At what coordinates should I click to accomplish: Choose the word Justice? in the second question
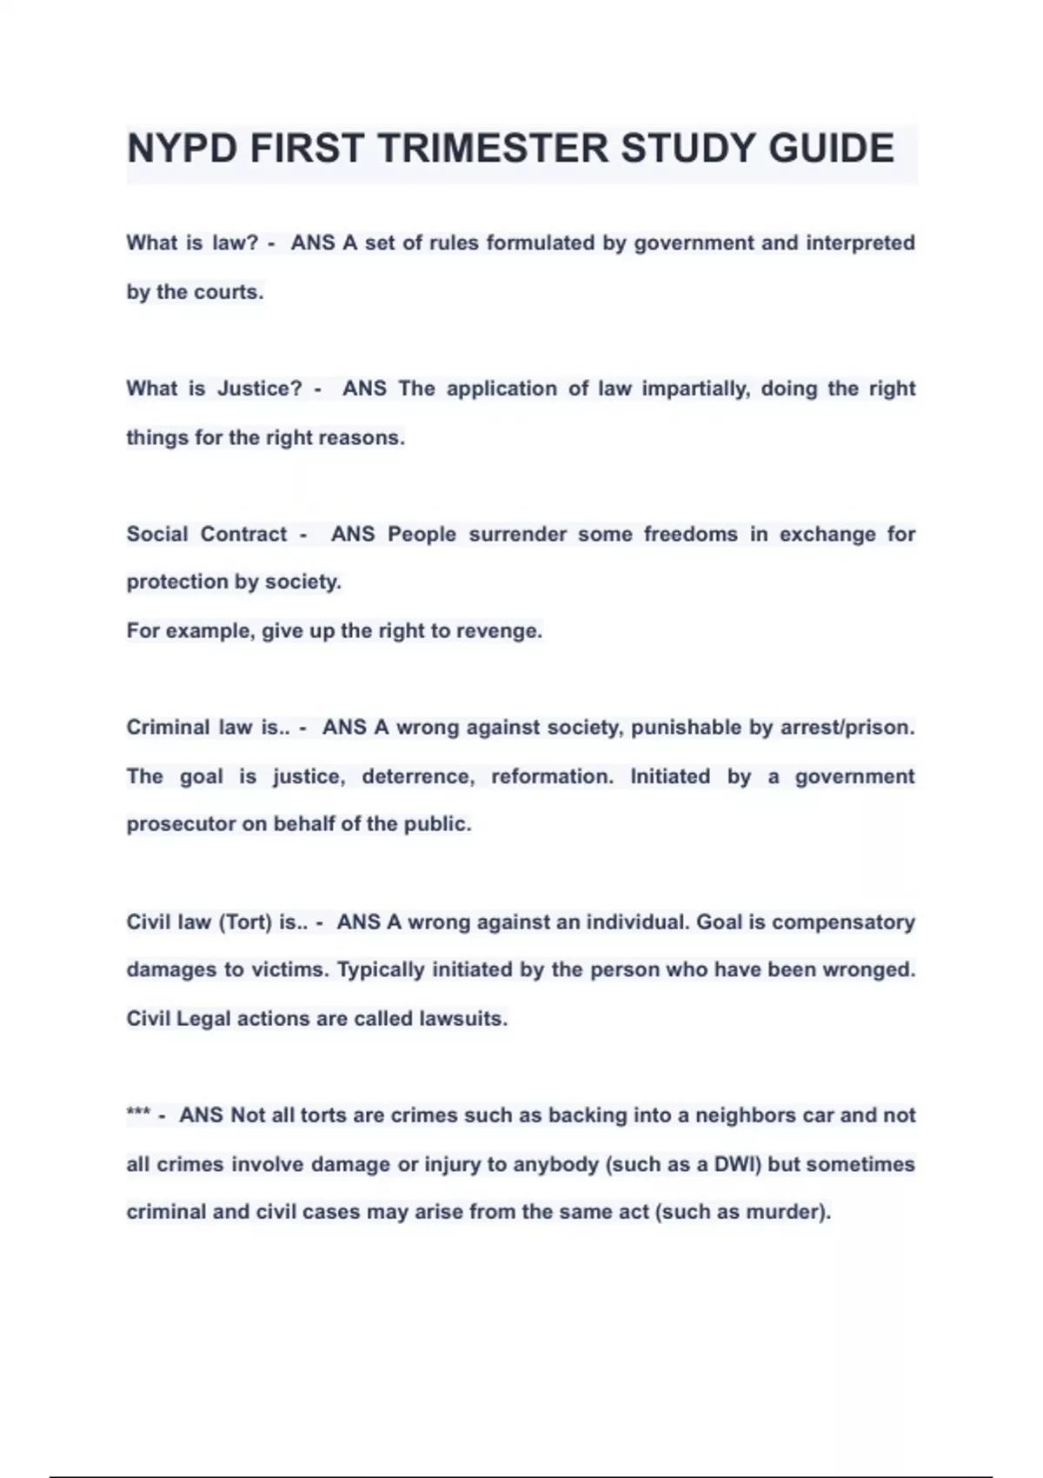tap(259, 389)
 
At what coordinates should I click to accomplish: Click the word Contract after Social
tap(243, 534)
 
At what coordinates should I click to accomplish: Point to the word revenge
tap(503, 630)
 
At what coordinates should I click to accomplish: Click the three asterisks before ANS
tap(138, 1115)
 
